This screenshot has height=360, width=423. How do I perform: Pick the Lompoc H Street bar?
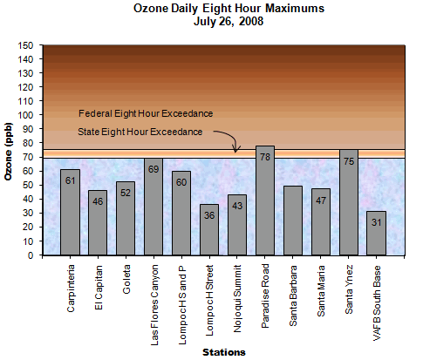209,230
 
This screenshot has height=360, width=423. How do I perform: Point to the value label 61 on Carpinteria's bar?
70,180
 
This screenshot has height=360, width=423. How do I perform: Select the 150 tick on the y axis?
28,45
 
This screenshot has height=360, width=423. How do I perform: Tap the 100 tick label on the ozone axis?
28,115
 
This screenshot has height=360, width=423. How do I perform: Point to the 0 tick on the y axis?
33,255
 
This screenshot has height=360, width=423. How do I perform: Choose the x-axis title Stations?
224,351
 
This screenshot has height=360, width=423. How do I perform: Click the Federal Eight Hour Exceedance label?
146,113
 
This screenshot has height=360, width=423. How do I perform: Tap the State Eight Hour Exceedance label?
140,131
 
